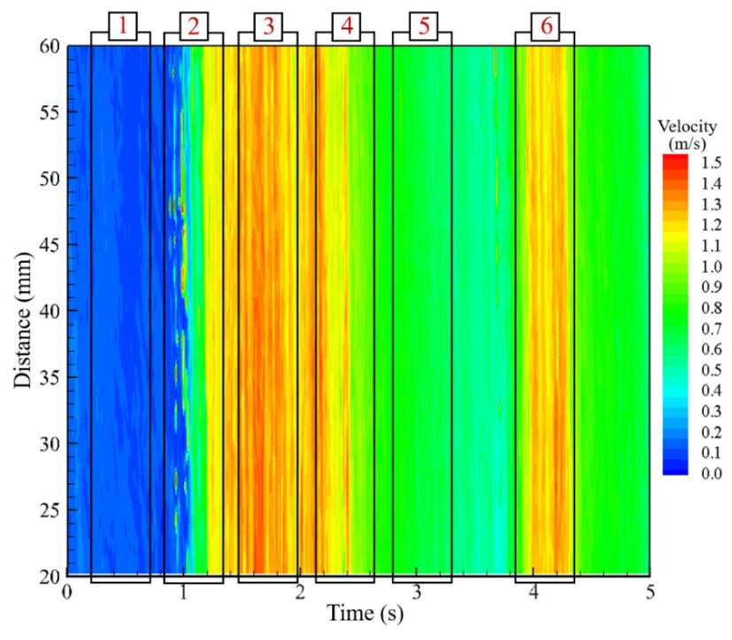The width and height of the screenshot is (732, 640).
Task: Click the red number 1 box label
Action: [123, 26]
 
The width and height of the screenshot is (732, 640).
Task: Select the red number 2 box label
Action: [194, 27]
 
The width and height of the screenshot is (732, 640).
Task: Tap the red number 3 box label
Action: [268, 27]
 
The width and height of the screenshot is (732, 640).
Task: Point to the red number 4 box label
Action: [346, 27]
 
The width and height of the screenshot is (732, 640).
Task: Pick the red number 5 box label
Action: [424, 27]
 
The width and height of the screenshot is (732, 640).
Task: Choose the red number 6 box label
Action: [546, 27]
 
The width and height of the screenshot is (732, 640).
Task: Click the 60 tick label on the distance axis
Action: [49, 47]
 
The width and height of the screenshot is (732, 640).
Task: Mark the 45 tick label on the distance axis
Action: [49, 244]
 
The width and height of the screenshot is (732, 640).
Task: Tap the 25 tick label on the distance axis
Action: [49, 510]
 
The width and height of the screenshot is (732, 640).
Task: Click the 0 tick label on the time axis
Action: [67, 592]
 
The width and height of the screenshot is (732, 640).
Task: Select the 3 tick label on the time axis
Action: [417, 592]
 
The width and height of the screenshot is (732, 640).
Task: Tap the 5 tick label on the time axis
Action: [651, 592]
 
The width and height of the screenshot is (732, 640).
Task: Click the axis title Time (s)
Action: [365, 613]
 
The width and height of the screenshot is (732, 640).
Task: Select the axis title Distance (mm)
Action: [22, 320]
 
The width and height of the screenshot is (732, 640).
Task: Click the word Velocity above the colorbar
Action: [687, 126]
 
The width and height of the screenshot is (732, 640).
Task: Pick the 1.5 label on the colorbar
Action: [712, 163]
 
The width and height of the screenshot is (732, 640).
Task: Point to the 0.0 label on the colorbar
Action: [712, 474]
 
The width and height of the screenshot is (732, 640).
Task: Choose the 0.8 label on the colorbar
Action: [712, 308]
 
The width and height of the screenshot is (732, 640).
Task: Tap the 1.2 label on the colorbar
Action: [712, 225]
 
